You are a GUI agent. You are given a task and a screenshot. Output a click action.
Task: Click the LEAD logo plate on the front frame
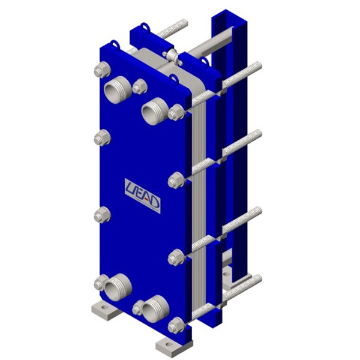tap(143, 196)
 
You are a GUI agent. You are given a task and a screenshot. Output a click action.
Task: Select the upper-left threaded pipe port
tap(118, 90)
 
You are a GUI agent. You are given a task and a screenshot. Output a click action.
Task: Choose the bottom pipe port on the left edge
tap(118, 287)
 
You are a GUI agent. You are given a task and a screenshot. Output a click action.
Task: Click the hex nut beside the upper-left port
tap(140, 86)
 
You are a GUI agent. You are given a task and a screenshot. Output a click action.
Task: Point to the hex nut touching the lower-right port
tap(138, 308)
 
